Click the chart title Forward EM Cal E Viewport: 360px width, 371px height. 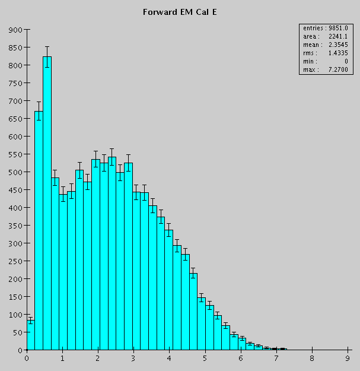180,12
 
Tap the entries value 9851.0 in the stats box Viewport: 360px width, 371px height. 345,28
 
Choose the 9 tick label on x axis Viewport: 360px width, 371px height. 347,359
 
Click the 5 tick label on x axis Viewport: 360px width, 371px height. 205,359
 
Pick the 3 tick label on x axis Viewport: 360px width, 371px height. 133,359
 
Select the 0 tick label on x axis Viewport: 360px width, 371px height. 27,359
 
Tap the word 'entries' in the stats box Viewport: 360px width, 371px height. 312,28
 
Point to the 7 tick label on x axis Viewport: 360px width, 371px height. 276,359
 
